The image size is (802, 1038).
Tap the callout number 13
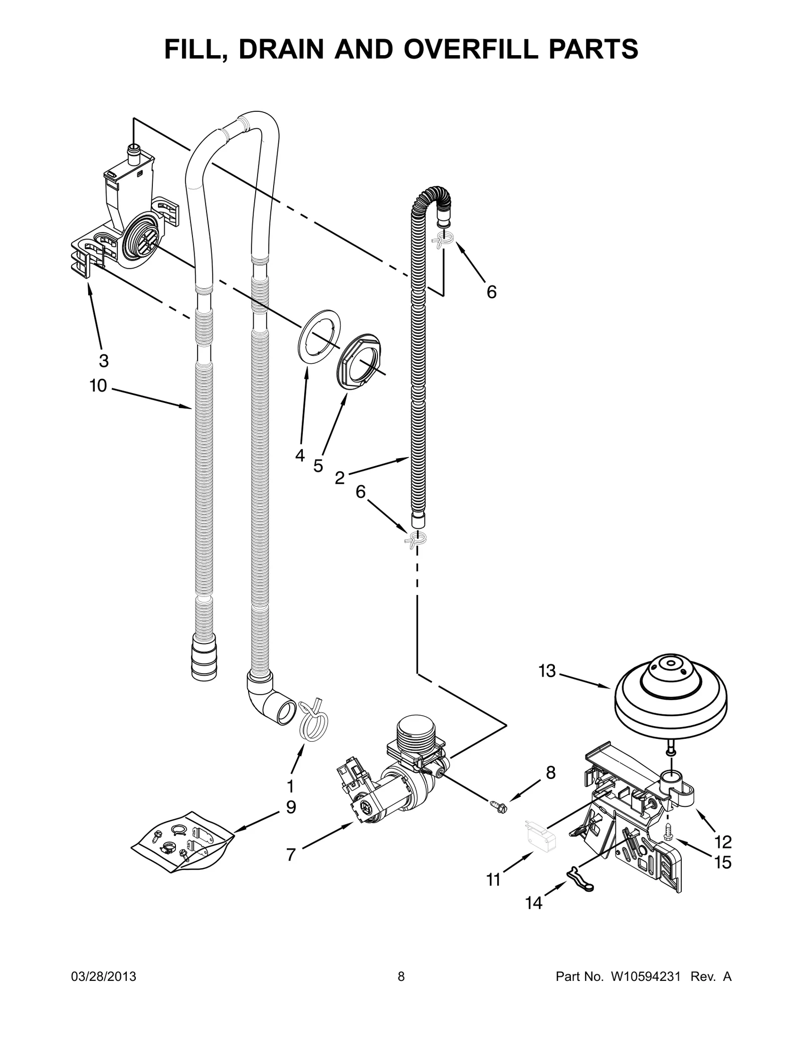547,671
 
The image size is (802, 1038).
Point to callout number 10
98,385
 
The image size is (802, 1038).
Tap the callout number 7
291,854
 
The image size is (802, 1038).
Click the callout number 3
103,360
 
